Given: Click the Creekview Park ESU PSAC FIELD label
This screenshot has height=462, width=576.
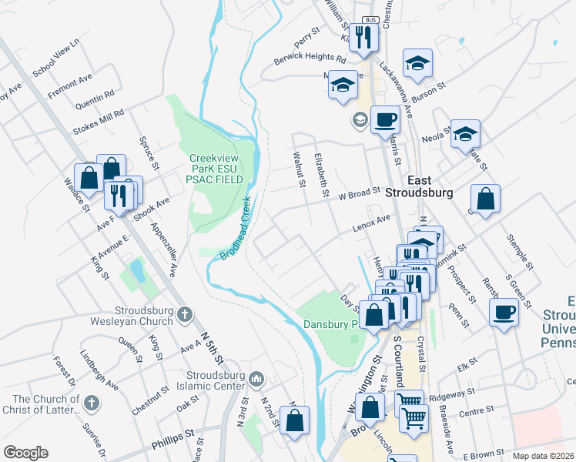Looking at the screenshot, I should click(x=217, y=169).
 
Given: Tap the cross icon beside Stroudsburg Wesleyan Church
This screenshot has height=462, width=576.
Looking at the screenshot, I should click(x=183, y=314).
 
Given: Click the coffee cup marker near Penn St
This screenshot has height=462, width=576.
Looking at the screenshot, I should click(x=504, y=312).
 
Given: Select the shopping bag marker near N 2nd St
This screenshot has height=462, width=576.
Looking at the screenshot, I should click(x=294, y=420).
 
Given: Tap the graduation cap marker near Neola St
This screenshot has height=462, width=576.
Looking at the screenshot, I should click(x=465, y=134).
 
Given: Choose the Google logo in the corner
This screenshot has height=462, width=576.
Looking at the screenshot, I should click(x=25, y=453).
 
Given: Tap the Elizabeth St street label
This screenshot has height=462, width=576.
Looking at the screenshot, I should click(x=322, y=173).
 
